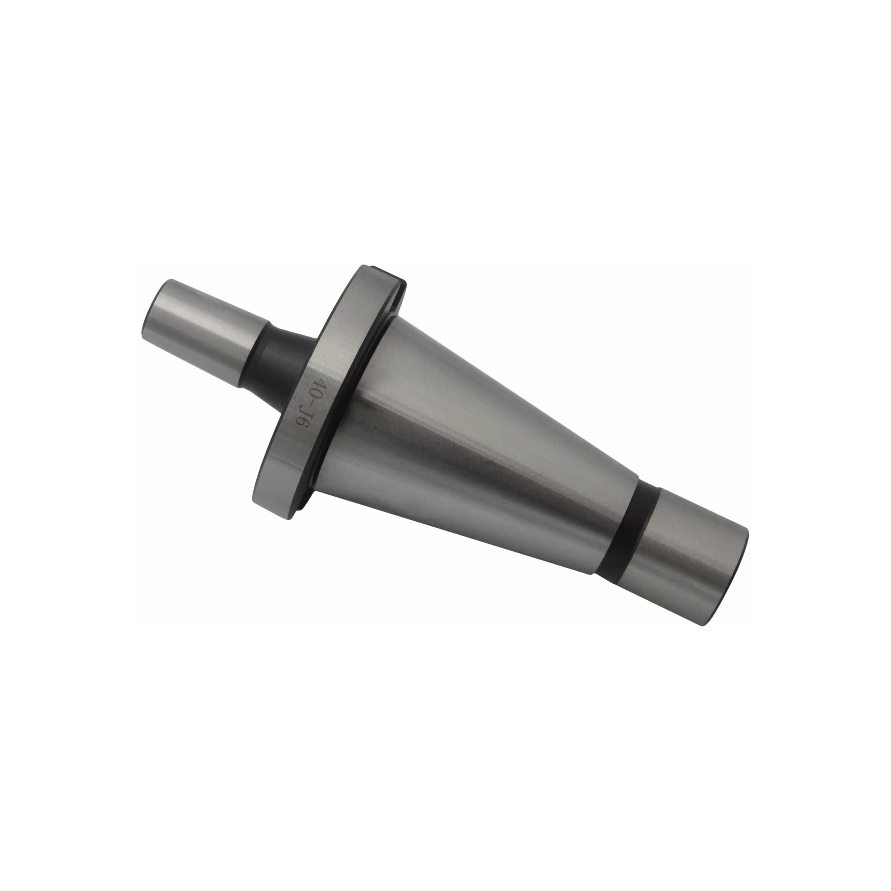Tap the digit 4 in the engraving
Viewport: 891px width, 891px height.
318,384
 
